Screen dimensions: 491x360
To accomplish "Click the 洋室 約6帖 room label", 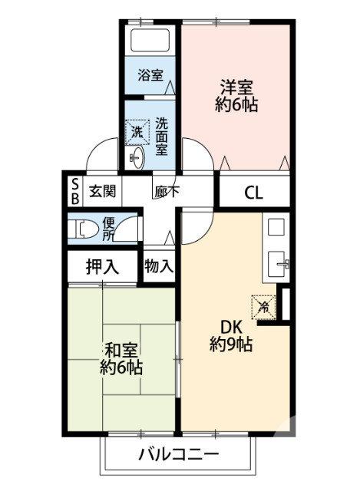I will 236,97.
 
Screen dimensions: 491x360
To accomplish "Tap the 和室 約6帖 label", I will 121,358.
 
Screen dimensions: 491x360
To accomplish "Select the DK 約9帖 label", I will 231,334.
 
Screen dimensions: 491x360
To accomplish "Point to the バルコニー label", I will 178,454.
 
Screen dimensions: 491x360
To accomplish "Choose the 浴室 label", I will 150,75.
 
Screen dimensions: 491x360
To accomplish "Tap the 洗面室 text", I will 162,136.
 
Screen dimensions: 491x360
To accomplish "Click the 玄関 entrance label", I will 101,192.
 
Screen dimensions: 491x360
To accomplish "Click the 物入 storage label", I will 159,267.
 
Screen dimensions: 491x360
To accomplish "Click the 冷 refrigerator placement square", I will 263,305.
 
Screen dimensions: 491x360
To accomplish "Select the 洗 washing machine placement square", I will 137,131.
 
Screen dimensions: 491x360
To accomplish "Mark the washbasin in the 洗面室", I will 137,159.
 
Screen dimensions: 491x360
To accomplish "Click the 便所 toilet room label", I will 109,228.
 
